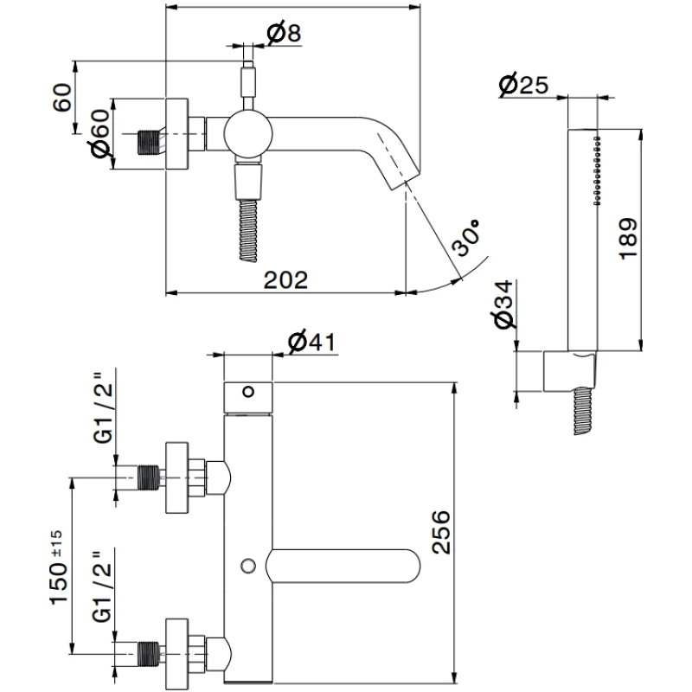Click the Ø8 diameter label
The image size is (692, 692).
pyautogui.click(x=284, y=34)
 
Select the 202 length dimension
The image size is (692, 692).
pyautogui.click(x=285, y=279)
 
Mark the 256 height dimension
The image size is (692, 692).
pyautogui.click(x=441, y=529)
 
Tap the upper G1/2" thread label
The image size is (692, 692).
pyautogui.click(x=101, y=407)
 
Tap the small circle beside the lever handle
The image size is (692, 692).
pyautogui.click(x=249, y=566)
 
